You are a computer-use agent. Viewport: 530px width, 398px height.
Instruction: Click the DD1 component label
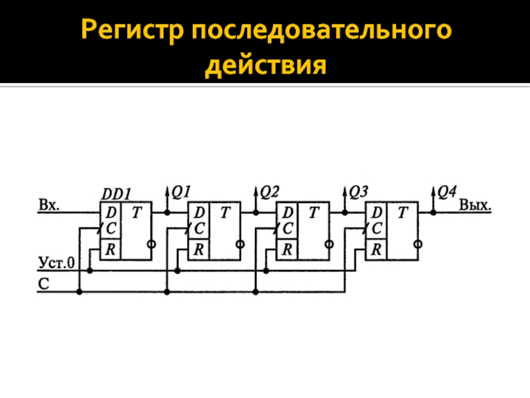pyautogui.click(x=117, y=194)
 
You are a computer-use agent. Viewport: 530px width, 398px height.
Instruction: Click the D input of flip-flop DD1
pyautogui.click(x=110, y=213)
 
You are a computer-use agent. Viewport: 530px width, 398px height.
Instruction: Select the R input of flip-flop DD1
pyautogui.click(x=110, y=251)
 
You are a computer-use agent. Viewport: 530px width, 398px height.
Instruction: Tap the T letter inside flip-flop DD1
pyautogui.click(x=136, y=213)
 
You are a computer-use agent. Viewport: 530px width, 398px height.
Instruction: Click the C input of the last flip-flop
pyautogui.click(x=377, y=228)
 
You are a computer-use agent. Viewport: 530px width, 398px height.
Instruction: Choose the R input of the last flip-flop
pyautogui.click(x=377, y=249)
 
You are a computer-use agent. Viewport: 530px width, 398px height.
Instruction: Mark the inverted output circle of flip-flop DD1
pyautogui.click(x=152, y=244)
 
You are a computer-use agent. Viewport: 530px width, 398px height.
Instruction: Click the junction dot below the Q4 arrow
pyautogui.click(x=433, y=213)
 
